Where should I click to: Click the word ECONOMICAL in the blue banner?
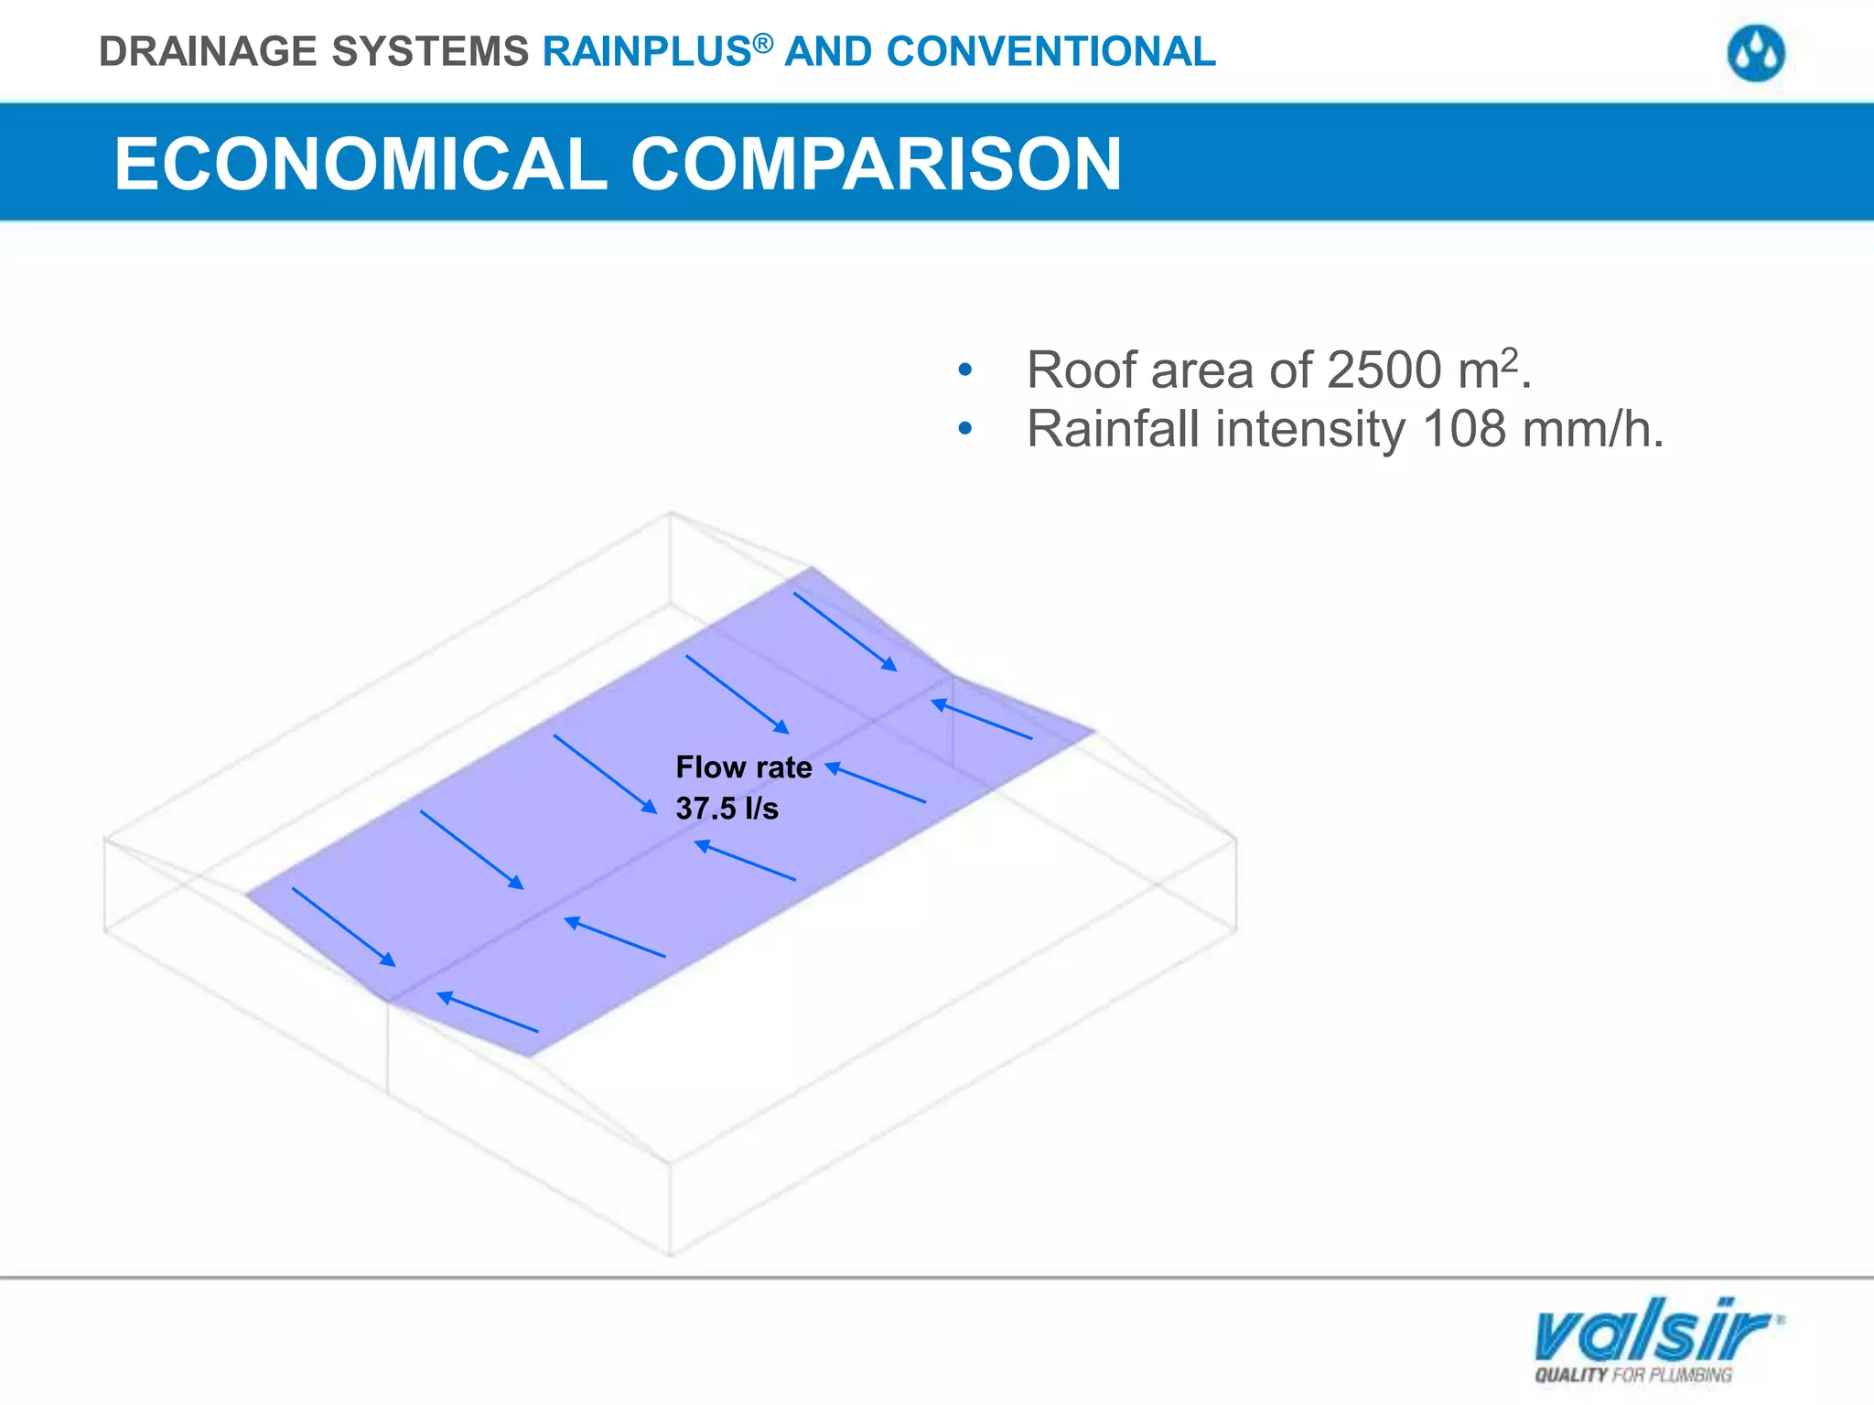click(x=361, y=164)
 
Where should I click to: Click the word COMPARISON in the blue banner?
click(x=875, y=164)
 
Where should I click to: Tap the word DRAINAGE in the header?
click(x=209, y=52)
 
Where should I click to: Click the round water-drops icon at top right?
click(x=1756, y=54)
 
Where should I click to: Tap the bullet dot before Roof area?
click(x=964, y=371)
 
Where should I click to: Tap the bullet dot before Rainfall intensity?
click(x=964, y=429)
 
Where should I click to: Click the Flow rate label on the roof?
click(x=743, y=767)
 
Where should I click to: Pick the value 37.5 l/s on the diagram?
click(x=727, y=809)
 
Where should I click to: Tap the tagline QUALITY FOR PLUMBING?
click(x=1633, y=1375)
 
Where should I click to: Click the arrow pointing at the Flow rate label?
click(x=876, y=784)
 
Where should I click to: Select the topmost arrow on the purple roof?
click(x=845, y=631)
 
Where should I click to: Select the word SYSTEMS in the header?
click(x=430, y=52)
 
